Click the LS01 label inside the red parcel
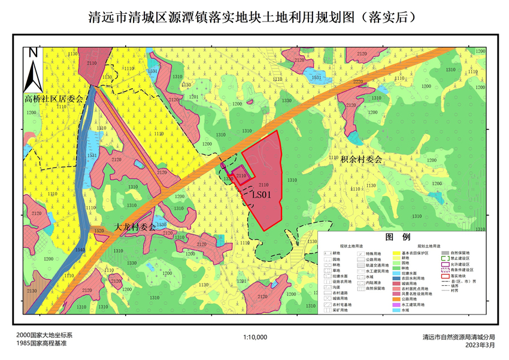[262, 195]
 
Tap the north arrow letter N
[34, 53]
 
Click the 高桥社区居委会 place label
[53, 99]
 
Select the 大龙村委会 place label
[135, 227]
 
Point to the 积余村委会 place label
[361, 159]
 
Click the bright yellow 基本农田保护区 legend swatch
[396, 253]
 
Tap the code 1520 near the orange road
[98, 231]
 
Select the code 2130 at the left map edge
[32, 292]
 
